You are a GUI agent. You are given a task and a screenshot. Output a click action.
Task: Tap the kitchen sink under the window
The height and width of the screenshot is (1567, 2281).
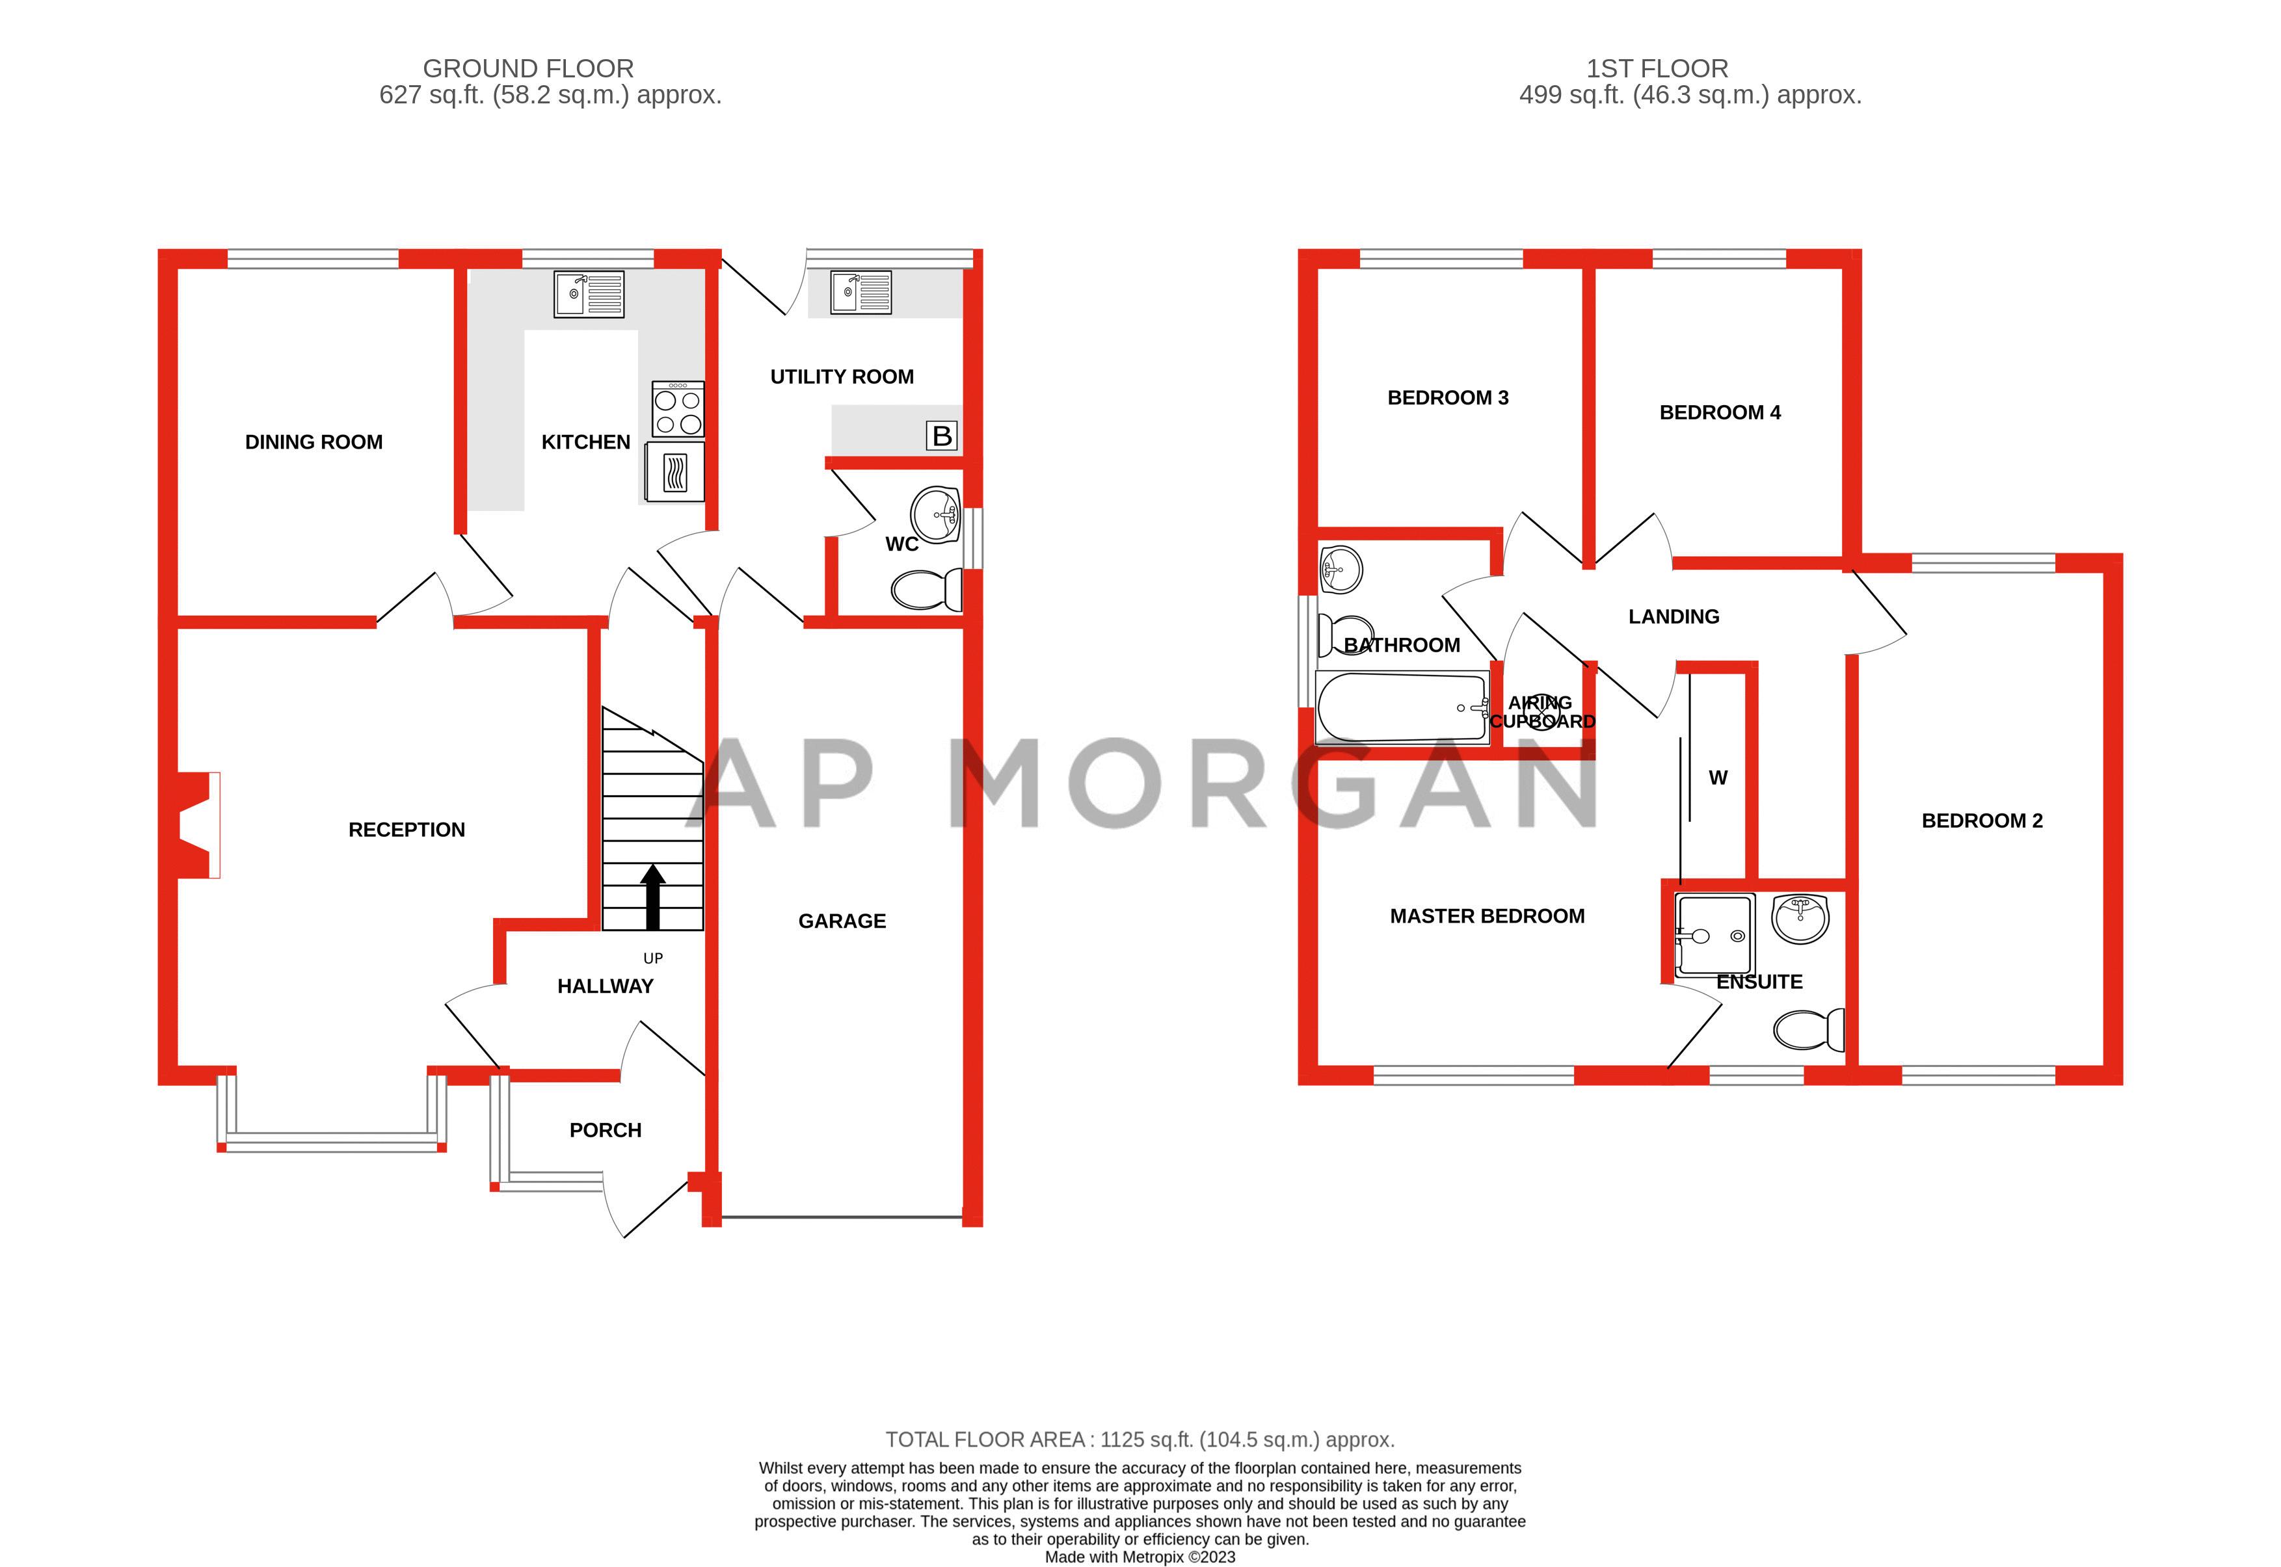point(588,293)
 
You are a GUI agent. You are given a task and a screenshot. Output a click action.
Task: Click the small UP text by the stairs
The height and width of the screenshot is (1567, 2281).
point(653,958)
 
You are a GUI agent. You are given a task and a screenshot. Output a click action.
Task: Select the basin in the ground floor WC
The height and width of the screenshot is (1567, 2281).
point(936,514)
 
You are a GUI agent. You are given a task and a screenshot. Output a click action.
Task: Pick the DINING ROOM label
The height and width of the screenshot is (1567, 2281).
point(313,443)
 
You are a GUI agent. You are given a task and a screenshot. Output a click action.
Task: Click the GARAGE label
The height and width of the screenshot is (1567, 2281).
point(842,921)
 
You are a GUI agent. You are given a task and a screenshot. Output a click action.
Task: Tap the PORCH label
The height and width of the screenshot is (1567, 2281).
point(605,1130)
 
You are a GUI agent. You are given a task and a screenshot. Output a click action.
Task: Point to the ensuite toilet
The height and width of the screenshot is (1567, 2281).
point(1809,1030)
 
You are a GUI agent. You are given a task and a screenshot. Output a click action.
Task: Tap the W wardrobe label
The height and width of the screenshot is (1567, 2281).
point(1717,778)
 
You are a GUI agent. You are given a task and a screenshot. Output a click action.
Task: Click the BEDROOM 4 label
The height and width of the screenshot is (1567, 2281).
point(1719,412)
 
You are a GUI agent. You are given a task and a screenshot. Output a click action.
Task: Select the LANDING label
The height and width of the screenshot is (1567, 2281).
point(1674,616)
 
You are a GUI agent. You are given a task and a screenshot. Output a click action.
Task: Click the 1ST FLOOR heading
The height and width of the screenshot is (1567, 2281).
point(1657,69)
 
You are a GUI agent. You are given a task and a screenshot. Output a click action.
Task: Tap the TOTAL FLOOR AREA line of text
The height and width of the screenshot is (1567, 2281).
point(1139,1440)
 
